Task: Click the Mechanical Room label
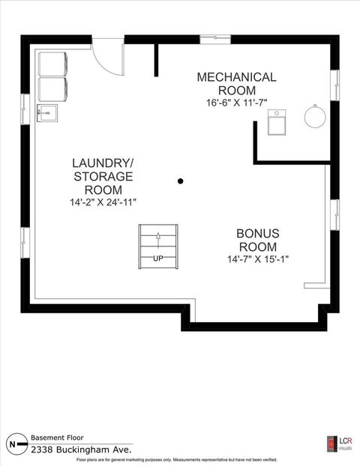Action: pyautogui.click(x=236, y=83)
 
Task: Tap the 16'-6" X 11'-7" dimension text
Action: pyautogui.click(x=236, y=102)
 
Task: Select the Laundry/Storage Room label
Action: pyautogui.click(x=103, y=176)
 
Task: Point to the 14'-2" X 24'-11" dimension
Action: pyautogui.click(x=103, y=202)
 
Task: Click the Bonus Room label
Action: pyautogui.click(x=258, y=240)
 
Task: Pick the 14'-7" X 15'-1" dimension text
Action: pyautogui.click(x=258, y=259)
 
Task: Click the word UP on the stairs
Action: pyautogui.click(x=158, y=258)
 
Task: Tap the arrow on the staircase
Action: pyautogui.click(x=158, y=237)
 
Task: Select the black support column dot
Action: pyautogui.click(x=180, y=181)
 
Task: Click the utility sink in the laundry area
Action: pyautogui.click(x=47, y=114)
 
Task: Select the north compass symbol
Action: pyautogui.click(x=13, y=443)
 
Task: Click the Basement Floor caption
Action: pyautogui.click(x=58, y=437)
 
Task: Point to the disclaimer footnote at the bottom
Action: pyautogui.click(x=180, y=459)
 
